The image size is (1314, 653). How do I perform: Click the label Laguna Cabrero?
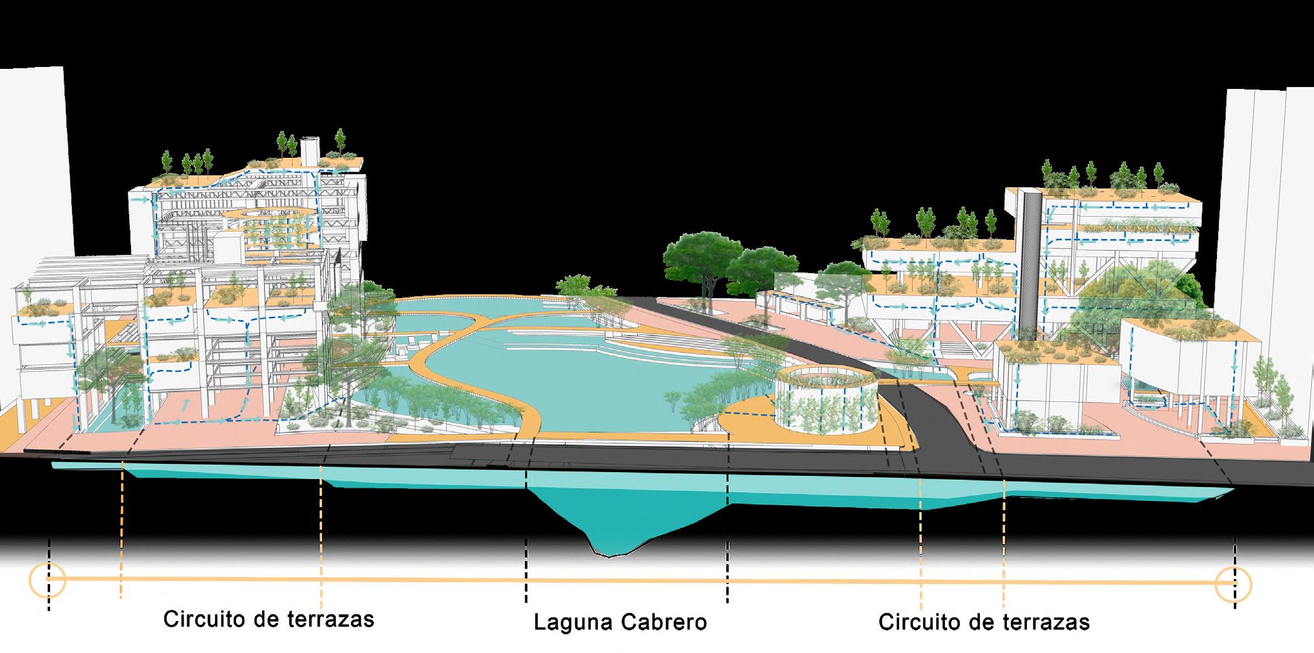coord(620,622)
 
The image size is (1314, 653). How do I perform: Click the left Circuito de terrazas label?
coord(269,619)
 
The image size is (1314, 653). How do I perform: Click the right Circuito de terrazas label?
coord(984,622)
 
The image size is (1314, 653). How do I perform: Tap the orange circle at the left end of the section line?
coord(48,580)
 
